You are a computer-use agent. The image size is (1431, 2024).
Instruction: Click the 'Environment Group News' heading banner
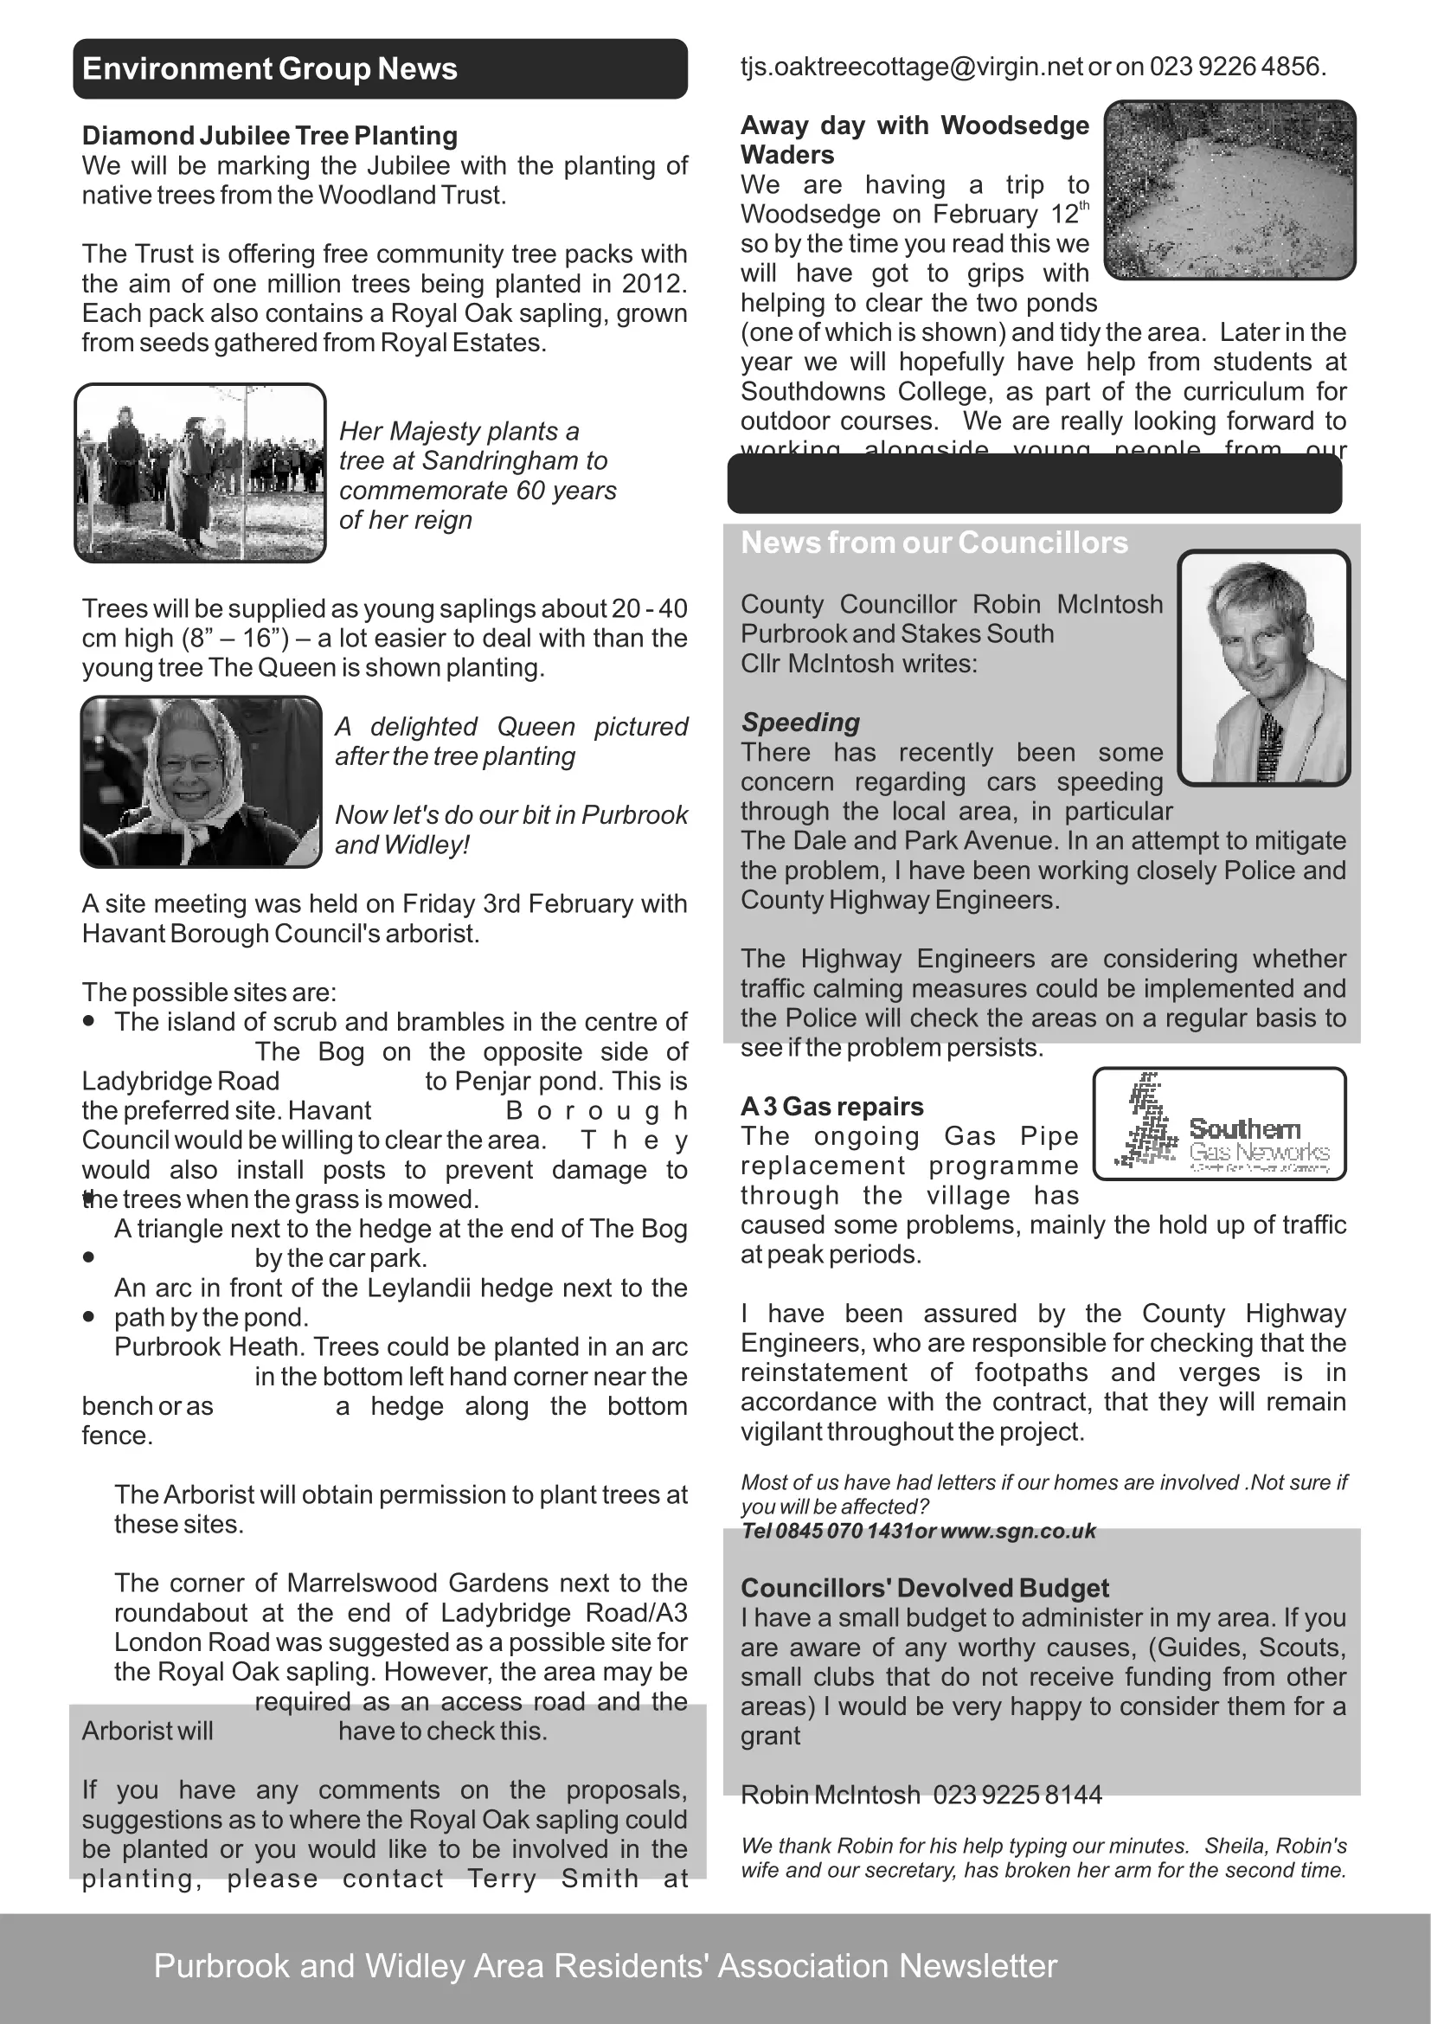(x=379, y=68)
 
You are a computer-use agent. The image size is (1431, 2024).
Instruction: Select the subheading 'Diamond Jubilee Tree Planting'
(x=270, y=136)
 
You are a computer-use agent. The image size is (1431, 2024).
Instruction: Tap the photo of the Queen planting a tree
(x=200, y=472)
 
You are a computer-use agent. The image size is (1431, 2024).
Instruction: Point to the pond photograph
(x=1229, y=190)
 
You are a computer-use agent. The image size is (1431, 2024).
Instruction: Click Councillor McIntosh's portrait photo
(x=1263, y=667)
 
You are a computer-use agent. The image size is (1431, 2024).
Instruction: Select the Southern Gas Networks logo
(x=1220, y=1124)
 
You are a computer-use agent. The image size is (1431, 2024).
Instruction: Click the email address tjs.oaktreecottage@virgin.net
(x=912, y=67)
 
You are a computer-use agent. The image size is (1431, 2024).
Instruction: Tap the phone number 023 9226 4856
(x=1237, y=67)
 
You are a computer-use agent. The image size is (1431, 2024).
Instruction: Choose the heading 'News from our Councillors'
(x=934, y=543)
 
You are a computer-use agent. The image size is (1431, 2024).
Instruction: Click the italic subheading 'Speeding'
(x=800, y=722)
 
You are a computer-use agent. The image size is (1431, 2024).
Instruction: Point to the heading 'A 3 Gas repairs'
(x=831, y=1107)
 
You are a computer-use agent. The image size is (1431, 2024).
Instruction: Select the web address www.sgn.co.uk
(x=1017, y=1532)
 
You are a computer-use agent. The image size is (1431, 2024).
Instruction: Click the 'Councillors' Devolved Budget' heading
(x=924, y=1588)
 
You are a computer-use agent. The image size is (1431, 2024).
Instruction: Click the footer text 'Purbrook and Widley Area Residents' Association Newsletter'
(x=606, y=1965)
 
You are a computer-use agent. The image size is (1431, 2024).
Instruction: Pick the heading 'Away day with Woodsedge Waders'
(x=914, y=139)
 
